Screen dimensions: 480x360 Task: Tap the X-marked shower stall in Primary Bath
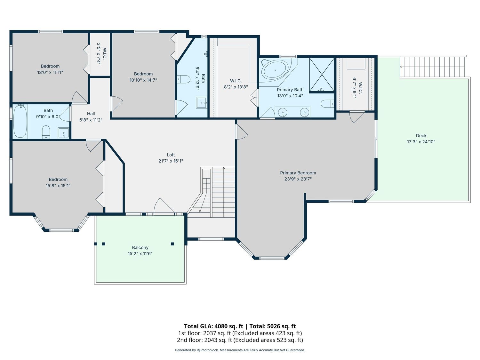pos(322,75)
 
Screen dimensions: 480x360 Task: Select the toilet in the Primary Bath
pos(327,104)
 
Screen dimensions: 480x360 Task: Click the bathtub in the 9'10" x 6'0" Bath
pos(20,121)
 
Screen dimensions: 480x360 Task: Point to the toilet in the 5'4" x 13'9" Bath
pos(183,79)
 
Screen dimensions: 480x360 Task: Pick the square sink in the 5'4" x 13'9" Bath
pos(201,102)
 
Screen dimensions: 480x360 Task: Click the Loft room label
pos(171,155)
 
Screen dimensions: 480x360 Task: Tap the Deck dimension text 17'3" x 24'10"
pos(421,142)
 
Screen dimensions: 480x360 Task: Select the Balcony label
pos(140,247)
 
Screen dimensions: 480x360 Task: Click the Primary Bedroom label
pos(298,173)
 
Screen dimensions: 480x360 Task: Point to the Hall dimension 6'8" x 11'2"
pos(91,120)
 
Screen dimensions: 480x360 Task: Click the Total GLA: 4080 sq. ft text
pos(213,326)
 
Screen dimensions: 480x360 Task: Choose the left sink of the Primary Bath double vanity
pos(283,113)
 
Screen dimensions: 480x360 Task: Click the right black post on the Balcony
pos(172,244)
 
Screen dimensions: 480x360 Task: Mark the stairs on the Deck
pos(432,67)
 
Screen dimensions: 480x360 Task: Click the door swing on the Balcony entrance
pos(164,206)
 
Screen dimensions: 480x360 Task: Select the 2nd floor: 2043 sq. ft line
pos(240,340)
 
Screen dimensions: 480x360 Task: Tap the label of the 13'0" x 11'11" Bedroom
pos(50,66)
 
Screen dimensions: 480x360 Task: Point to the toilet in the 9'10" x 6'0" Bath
pos(46,132)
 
